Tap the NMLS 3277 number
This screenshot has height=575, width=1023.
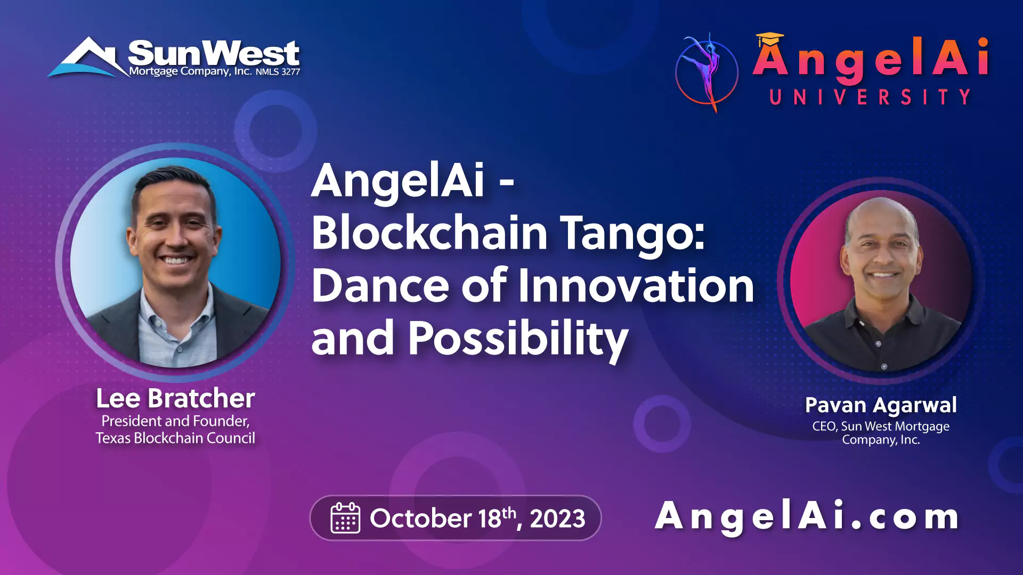[x=278, y=72]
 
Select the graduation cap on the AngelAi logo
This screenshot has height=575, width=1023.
[x=769, y=39]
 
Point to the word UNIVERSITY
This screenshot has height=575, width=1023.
[x=870, y=97]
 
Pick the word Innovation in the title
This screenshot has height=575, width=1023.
[x=636, y=285]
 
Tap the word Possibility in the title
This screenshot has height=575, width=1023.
[x=518, y=339]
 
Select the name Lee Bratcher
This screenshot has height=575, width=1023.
[x=175, y=398]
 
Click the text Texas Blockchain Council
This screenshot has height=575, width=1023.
[x=175, y=438]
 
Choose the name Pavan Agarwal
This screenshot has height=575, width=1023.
[x=881, y=406]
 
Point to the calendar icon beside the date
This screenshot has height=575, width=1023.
[x=345, y=517]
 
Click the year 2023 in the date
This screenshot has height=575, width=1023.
[x=557, y=519]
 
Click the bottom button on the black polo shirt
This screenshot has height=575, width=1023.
[x=884, y=366]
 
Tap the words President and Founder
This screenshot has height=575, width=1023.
[x=175, y=421]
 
